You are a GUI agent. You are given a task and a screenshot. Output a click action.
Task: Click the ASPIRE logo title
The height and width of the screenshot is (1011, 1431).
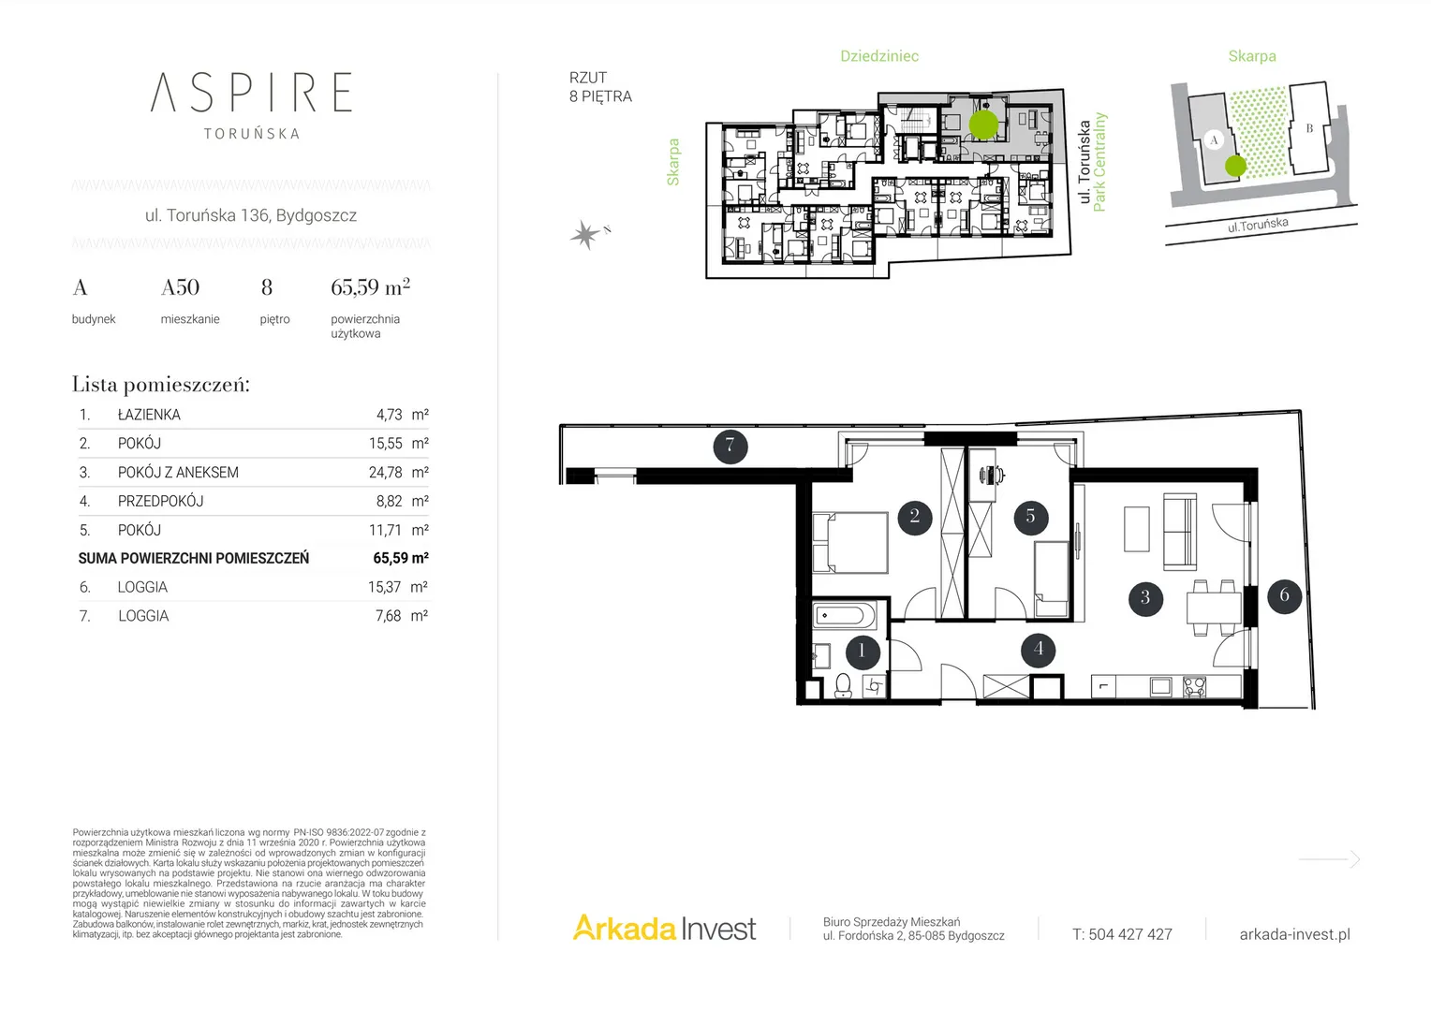(x=251, y=92)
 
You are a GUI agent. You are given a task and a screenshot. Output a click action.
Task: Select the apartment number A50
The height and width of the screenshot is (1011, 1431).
(x=180, y=287)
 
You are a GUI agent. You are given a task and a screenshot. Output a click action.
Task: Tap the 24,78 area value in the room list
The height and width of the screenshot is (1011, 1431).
(x=385, y=473)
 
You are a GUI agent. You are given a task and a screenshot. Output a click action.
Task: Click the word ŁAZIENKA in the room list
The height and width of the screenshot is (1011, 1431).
(x=149, y=415)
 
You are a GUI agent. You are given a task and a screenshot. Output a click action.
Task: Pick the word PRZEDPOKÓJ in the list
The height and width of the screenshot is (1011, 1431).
(x=160, y=502)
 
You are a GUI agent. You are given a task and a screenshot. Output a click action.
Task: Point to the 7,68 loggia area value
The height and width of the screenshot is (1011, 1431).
(x=389, y=616)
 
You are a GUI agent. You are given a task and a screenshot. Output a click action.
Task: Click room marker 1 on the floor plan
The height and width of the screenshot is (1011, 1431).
(x=863, y=652)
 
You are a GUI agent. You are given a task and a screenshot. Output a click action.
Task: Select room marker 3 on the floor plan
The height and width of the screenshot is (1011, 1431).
(x=1145, y=598)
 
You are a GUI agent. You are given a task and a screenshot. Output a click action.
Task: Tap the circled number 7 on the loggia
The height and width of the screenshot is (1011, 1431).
(x=730, y=446)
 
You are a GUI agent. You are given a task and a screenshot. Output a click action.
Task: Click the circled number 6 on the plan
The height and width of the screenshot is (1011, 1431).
(x=1284, y=596)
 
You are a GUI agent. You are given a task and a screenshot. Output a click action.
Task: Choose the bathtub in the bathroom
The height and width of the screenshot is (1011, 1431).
(x=845, y=616)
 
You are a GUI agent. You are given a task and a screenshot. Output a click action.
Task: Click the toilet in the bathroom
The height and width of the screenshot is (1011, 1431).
(x=844, y=686)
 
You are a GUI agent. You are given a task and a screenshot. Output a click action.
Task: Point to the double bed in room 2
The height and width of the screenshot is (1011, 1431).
(x=850, y=542)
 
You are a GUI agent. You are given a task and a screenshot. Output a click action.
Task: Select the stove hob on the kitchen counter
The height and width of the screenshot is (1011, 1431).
(x=1194, y=686)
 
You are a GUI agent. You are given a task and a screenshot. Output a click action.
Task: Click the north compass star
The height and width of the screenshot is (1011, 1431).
(x=585, y=234)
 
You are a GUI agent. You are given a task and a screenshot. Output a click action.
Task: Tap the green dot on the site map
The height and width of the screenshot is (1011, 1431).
(x=1235, y=166)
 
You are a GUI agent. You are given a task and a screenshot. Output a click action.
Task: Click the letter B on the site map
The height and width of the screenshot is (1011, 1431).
(x=1309, y=128)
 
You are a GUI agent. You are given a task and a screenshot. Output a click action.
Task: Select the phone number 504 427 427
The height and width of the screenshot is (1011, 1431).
(x=1130, y=934)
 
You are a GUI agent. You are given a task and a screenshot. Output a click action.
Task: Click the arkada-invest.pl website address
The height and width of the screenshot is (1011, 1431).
(x=1295, y=934)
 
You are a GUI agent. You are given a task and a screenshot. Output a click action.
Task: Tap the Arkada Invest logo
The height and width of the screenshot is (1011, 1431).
(x=664, y=928)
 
